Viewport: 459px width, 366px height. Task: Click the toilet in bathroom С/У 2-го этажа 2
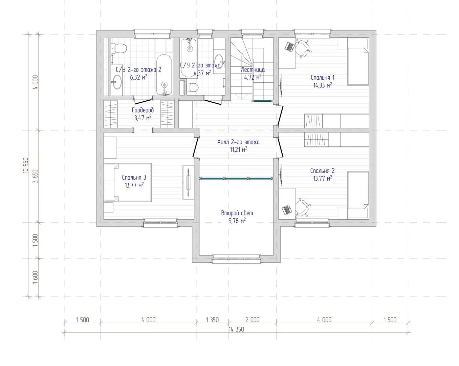coord(119,48)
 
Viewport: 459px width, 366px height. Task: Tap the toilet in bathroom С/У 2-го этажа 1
coord(192,87)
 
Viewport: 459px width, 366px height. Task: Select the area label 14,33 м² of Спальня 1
coord(322,85)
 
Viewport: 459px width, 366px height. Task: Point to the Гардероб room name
coord(143,110)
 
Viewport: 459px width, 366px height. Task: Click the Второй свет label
coord(237,213)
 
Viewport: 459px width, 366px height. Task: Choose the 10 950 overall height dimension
coord(26,165)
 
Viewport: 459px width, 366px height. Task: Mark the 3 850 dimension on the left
coord(35,176)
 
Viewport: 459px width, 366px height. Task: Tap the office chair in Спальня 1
coord(302,48)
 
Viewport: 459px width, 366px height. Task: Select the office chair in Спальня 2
coord(302,208)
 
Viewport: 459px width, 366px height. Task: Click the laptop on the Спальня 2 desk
coord(286,209)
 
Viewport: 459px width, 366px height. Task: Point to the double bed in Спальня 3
coord(128,182)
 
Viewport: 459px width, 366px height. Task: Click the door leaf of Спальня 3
coord(195,148)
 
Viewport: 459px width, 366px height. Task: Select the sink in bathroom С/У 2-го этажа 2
coord(116,82)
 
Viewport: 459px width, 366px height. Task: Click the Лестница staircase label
coord(253,69)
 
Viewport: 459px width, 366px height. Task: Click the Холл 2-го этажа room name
coord(238,142)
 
